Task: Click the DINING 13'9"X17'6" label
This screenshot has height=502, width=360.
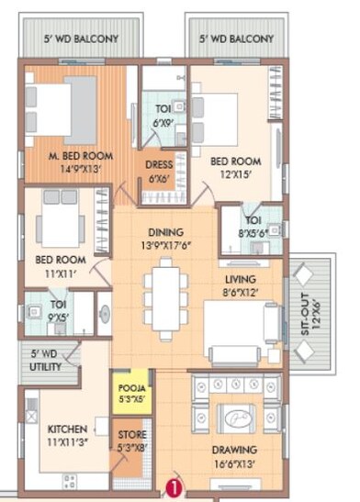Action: pyautogui.click(x=165, y=239)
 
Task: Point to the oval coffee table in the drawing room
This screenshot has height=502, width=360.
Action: pyautogui.click(x=237, y=418)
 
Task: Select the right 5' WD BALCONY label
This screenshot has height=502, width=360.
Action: pyautogui.click(x=236, y=39)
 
